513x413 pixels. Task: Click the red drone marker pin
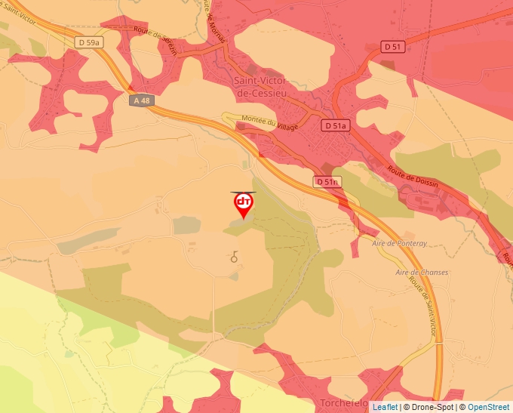tap(243, 204)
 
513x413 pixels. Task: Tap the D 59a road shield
tap(89, 43)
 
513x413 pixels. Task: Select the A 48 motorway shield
tap(140, 100)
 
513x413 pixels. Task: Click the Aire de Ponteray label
tap(400, 244)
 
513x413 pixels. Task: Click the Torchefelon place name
tap(344, 403)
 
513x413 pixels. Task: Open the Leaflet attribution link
tap(385, 407)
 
